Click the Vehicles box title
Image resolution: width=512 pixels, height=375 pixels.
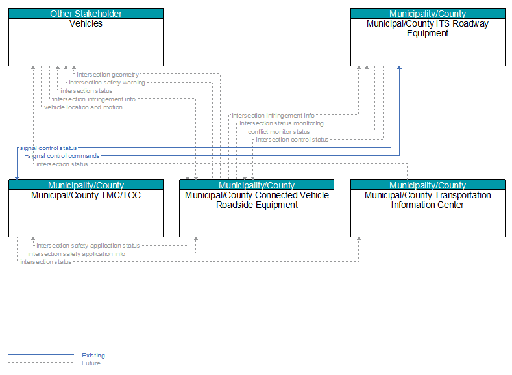86,23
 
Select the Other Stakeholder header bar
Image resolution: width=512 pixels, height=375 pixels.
86,14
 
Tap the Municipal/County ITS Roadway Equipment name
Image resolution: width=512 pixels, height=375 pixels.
428,29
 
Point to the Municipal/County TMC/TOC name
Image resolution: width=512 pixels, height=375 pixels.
86,195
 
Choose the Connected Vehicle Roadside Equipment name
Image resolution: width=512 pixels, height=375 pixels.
257,200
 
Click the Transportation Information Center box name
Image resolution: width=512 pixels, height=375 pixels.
428,200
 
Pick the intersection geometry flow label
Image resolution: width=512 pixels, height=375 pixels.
108,75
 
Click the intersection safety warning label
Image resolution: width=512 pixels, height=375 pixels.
107,83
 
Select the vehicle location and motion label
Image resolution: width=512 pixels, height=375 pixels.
83,107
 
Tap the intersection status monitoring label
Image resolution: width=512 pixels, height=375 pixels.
282,123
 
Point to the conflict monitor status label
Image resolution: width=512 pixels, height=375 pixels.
278,132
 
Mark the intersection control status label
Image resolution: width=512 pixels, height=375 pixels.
292,140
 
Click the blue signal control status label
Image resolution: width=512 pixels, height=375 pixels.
48,148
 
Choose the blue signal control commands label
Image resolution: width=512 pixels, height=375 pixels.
64,156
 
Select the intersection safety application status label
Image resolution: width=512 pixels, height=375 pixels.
88,246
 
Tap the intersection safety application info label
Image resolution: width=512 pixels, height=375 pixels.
77,254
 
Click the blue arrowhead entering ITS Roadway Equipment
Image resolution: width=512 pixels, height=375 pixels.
399,68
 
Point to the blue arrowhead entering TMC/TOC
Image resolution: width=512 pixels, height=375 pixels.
17,178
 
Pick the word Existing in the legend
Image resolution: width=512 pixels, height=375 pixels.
93,355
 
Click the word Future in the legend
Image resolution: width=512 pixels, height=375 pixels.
91,363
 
